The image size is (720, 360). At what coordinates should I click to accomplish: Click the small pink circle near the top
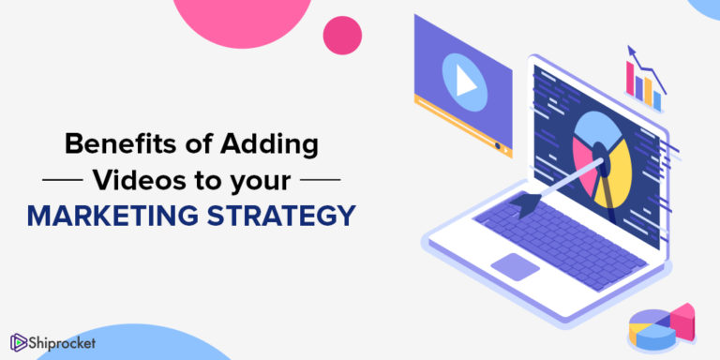tap(342, 35)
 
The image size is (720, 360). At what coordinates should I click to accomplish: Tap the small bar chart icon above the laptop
tap(644, 79)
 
